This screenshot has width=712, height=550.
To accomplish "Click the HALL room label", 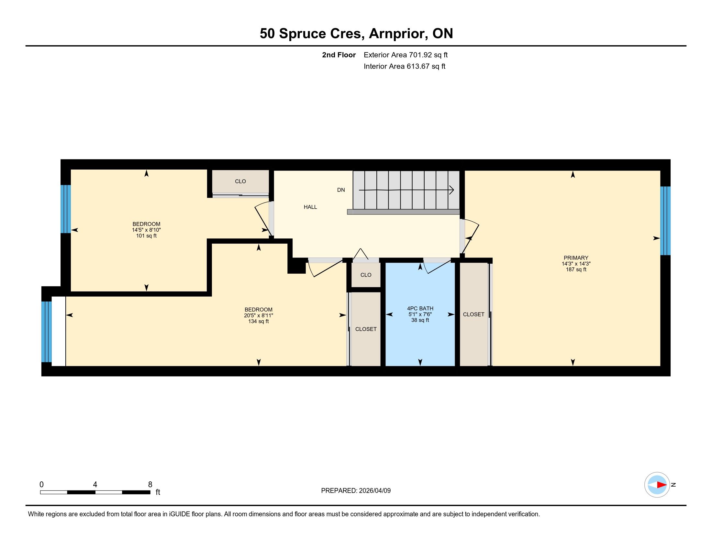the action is click(x=310, y=207).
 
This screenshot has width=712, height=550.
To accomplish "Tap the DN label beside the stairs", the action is click(x=341, y=190).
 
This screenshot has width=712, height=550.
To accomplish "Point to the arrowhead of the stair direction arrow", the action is click(x=452, y=190).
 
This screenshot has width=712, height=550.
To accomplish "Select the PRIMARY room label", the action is click(x=576, y=258).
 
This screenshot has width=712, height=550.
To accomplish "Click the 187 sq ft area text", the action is click(x=576, y=269).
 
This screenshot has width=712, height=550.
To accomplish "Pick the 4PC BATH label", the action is click(x=420, y=308).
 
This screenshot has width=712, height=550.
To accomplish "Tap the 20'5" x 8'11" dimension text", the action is click(x=258, y=315).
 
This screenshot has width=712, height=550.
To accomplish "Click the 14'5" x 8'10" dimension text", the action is click(x=146, y=230).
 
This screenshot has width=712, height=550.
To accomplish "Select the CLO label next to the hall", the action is click(x=240, y=181).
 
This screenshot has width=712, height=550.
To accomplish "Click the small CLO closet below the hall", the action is click(x=366, y=275).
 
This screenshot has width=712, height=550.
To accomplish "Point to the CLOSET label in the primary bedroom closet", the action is click(x=473, y=314).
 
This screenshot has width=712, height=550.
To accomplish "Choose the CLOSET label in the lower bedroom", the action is click(x=366, y=329).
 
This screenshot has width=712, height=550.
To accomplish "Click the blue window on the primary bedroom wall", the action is click(x=665, y=221).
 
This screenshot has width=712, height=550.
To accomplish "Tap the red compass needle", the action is click(x=662, y=485).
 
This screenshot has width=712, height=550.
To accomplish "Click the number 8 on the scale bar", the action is click(x=150, y=485).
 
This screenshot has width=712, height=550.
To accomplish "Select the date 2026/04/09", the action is click(x=374, y=491).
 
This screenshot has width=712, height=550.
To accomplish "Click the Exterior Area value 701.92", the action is click(x=420, y=55).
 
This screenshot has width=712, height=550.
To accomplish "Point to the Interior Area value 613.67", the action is click(x=417, y=66).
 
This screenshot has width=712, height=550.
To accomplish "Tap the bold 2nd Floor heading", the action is click(x=339, y=55).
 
